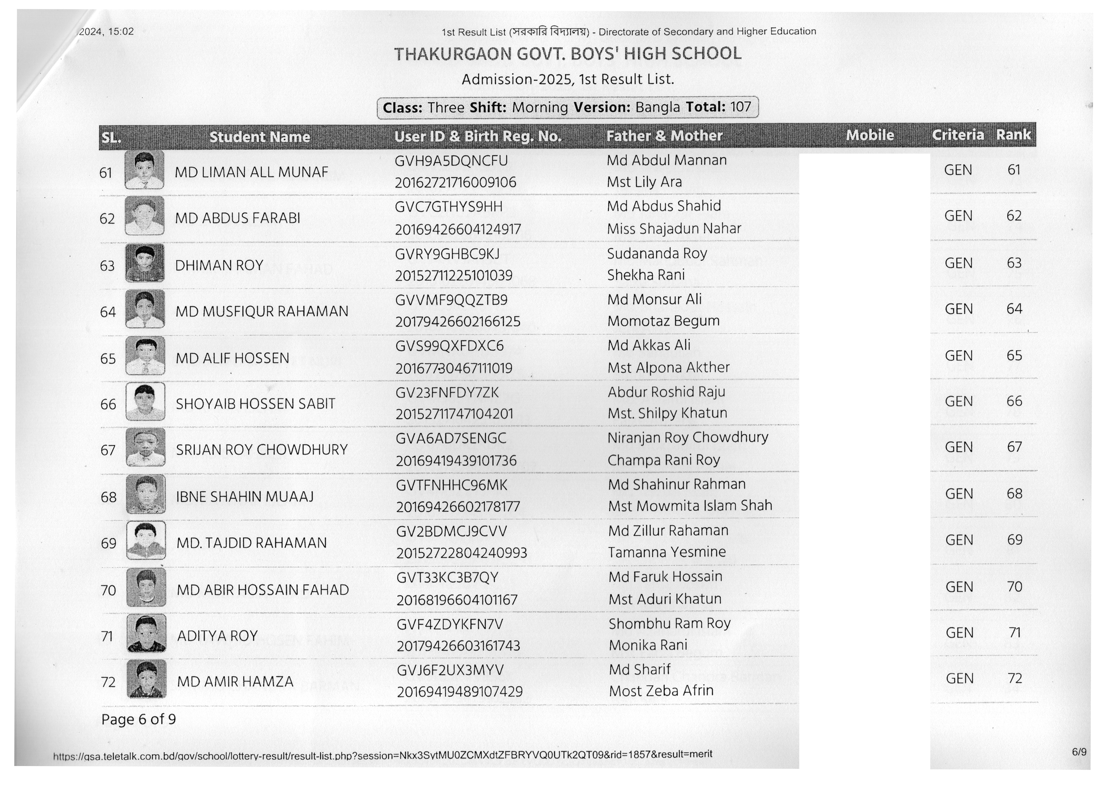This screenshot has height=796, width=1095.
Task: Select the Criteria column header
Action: [x=957, y=135]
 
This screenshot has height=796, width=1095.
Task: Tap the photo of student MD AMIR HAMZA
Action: [x=146, y=679]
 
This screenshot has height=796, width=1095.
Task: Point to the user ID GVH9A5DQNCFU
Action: [x=451, y=161]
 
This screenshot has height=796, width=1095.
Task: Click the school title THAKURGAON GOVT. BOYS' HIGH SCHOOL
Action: [x=567, y=54]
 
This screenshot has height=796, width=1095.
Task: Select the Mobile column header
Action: [x=869, y=135]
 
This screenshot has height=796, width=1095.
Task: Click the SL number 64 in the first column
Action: [x=108, y=312]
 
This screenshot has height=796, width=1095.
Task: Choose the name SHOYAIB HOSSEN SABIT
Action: [x=255, y=404]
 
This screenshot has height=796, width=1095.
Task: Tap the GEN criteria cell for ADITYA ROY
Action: [x=959, y=633]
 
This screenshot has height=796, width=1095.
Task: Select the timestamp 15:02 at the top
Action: [x=121, y=32]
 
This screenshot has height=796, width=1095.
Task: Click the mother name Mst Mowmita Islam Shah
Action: [x=689, y=506]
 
